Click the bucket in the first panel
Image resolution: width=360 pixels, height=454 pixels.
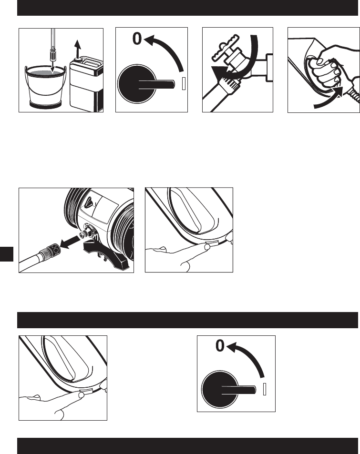(45, 87)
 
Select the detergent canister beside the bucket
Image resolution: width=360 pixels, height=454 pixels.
(86, 84)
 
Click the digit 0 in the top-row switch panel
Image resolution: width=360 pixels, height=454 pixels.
(137, 39)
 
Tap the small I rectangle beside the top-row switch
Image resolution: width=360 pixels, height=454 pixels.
(184, 84)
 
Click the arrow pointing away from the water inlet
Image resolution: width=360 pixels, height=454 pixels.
(71, 242)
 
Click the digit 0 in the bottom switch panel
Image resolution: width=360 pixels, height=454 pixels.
(220, 346)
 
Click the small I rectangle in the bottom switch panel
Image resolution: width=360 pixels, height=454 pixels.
(264, 389)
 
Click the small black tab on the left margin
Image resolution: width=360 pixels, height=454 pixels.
(7, 254)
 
